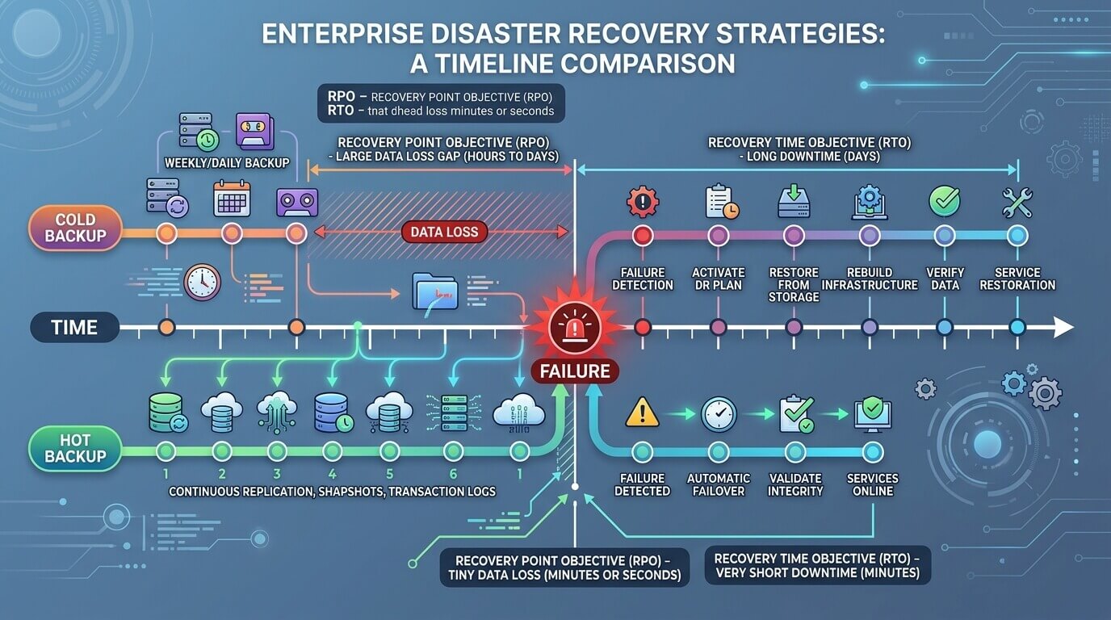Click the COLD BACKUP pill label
75,228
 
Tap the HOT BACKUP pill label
75,448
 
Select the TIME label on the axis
74,328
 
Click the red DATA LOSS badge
444,232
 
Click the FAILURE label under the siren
575,371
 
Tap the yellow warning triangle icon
643,413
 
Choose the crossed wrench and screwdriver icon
1017,203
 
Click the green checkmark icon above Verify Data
945,201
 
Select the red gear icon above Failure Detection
643,202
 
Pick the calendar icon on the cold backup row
232,199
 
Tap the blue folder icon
435,291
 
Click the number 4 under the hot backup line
333,474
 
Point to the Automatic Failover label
719,484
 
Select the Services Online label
873,484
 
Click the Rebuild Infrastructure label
870,279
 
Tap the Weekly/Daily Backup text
227,163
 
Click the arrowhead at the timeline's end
1064,328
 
